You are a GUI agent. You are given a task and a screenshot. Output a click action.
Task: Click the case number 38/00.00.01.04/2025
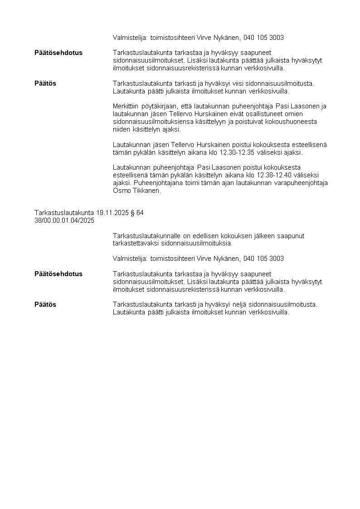pos(64,220)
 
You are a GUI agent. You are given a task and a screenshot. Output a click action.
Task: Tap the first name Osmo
pos(122,191)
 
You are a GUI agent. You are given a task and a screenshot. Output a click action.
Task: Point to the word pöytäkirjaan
pos(160,106)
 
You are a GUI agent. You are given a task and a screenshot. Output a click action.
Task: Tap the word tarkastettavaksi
pos(134,243)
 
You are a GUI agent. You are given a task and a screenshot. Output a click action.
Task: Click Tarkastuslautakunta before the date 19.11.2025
pos(64,213)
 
